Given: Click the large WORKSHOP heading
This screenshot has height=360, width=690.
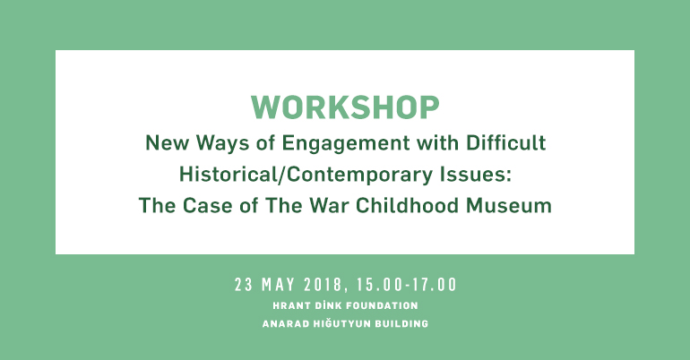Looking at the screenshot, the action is pos(345,107).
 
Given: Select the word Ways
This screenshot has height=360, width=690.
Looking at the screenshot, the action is pos(222,144).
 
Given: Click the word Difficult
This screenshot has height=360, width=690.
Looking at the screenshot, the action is pos(505,143).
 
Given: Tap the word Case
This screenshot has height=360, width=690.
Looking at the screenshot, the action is pos(207,206).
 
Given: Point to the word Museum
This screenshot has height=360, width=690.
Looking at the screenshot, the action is pos(509,206).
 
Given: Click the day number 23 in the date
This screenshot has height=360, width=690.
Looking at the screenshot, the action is pos(244,285).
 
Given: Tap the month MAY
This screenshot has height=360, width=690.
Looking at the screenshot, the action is pos(278,285).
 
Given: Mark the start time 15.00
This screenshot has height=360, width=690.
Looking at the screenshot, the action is pos(379,285).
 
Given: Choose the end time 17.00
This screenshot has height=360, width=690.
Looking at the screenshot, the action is pos(434,285).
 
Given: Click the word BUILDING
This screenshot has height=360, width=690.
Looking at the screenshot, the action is pos(401,324).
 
